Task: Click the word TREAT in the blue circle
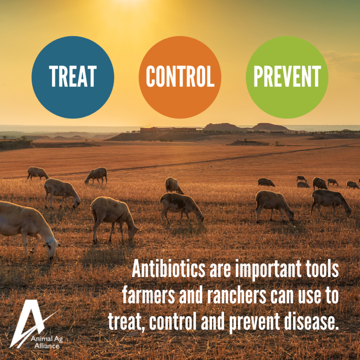click(72, 76)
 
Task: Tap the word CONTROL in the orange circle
click(180, 76)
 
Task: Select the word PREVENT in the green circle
click(287, 76)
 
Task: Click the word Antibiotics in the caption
click(168, 269)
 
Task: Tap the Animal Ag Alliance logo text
click(47, 342)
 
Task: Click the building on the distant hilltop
click(148, 130)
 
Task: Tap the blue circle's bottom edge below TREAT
click(73, 118)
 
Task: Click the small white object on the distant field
click(211, 166)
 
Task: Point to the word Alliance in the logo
click(47, 346)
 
